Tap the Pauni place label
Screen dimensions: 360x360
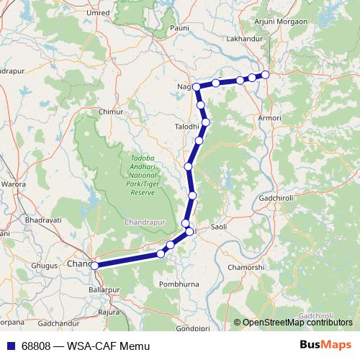point(179,27)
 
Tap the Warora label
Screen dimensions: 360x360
point(14,184)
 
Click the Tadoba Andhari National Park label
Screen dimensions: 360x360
point(142,175)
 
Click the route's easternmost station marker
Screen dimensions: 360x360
point(265,74)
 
